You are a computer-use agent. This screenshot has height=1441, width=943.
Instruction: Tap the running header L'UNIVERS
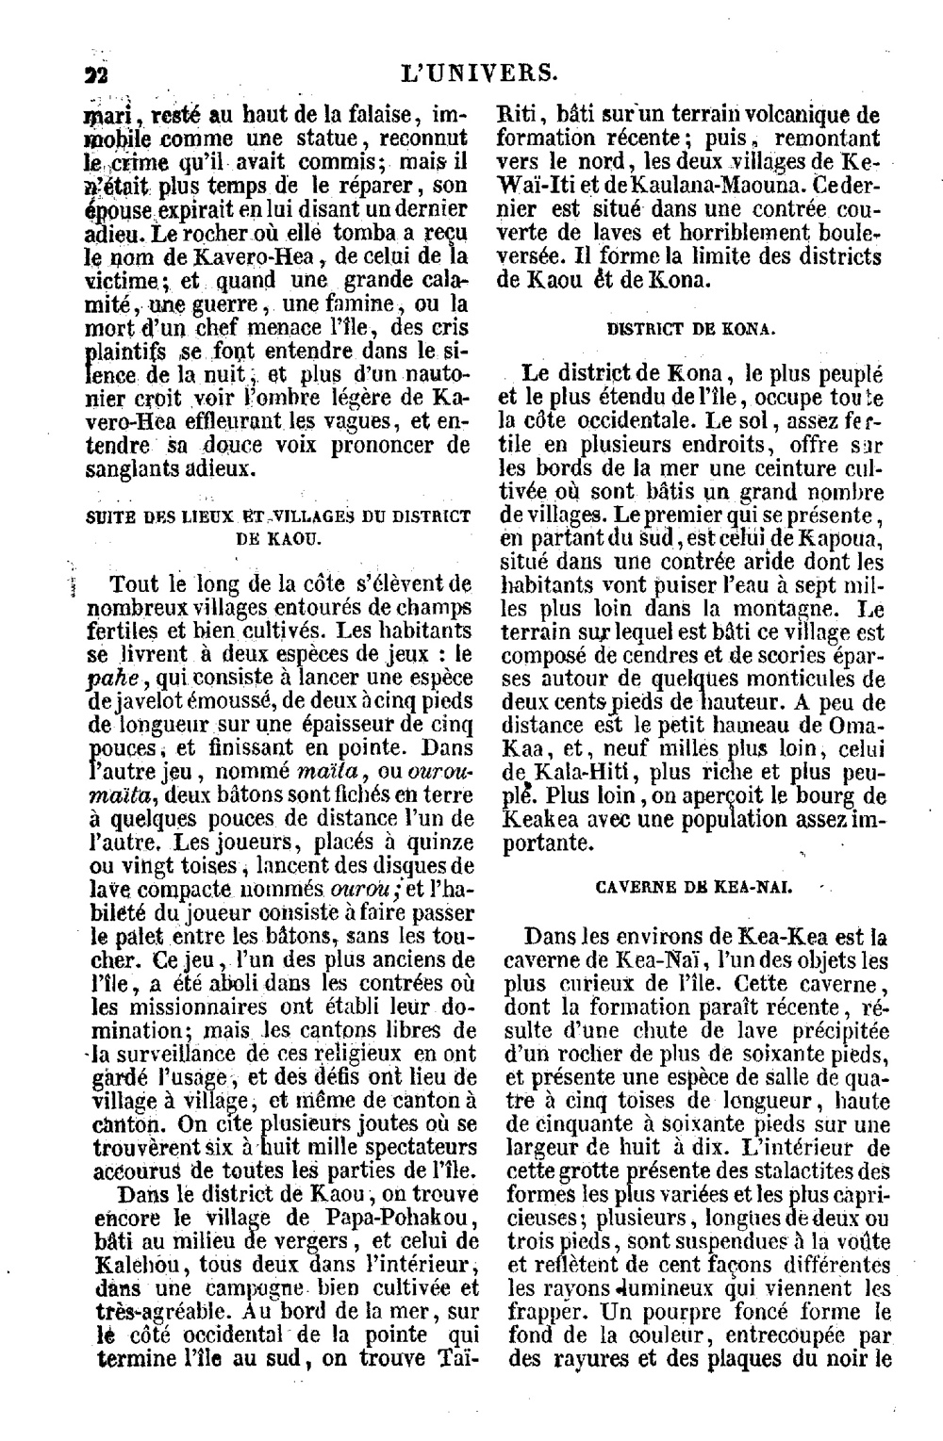(x=478, y=73)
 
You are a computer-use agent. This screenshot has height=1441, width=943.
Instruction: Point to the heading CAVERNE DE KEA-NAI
(x=693, y=888)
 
